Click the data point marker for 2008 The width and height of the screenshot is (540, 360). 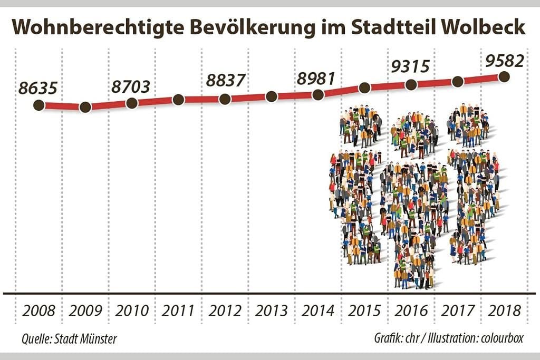click(38, 105)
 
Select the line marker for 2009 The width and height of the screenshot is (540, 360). click(85, 108)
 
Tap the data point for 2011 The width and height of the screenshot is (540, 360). click(178, 100)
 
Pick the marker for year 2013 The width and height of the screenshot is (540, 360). click(271, 96)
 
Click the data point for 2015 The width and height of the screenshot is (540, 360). click(364, 87)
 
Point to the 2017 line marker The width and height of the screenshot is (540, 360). click(458, 81)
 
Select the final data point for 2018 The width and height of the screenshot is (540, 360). click(504, 76)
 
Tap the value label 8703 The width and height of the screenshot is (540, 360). click(131, 86)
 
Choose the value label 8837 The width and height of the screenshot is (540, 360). click(226, 81)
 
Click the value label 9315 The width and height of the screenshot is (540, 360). click(410, 66)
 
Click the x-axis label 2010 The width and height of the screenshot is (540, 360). click(132, 310)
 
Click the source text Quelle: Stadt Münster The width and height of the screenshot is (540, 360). click(69, 338)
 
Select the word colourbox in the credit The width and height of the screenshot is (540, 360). click(502, 338)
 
